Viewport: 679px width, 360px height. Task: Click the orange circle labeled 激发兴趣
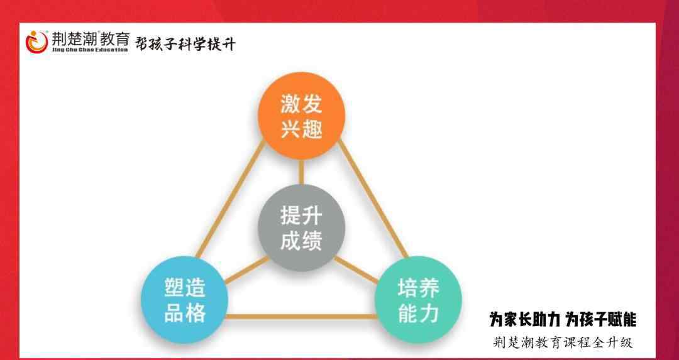pyautogui.click(x=301, y=115)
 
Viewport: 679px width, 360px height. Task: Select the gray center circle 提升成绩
pyautogui.click(x=301, y=227)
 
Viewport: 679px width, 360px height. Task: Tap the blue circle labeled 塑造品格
pyautogui.click(x=184, y=300)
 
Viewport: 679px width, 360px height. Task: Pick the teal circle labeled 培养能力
pyautogui.click(x=418, y=300)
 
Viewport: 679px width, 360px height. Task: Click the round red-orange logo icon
pyautogui.click(x=36, y=42)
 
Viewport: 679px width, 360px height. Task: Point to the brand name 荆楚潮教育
pyautogui.click(x=91, y=40)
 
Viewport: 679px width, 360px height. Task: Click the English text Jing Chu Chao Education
pyautogui.click(x=90, y=50)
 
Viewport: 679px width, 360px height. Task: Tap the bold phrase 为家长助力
pyautogui.click(x=525, y=320)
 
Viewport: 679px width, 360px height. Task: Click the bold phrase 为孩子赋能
pyautogui.click(x=602, y=320)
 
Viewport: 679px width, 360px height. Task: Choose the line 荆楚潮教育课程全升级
pyautogui.click(x=563, y=342)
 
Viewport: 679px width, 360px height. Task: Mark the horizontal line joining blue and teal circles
pyautogui.click(x=301, y=317)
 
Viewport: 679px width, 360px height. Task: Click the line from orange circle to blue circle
pyautogui.click(x=230, y=199)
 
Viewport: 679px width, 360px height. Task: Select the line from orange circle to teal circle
pyautogui.click(x=373, y=199)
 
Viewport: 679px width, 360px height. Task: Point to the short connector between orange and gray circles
pyautogui.click(x=301, y=172)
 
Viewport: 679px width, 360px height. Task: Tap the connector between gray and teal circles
pyautogui.click(x=356, y=270)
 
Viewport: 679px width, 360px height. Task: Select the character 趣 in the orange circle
pyautogui.click(x=312, y=129)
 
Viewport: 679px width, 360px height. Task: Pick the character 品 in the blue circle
pyautogui.click(x=174, y=314)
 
